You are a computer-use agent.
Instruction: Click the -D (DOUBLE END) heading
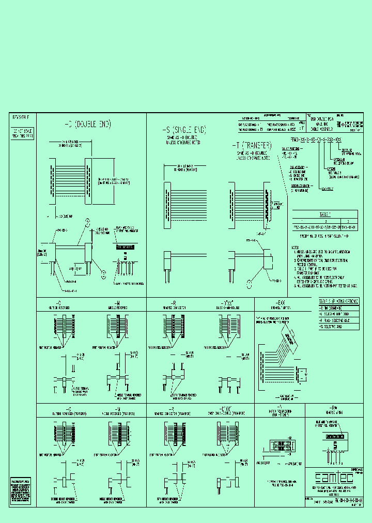(87, 125)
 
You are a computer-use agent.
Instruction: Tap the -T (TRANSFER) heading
(253, 146)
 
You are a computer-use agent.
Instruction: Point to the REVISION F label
(22, 118)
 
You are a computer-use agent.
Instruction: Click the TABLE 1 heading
(324, 213)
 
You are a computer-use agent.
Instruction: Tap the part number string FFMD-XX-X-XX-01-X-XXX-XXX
(316, 140)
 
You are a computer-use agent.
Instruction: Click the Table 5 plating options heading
(336, 301)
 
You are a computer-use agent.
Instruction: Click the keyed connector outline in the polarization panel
(279, 445)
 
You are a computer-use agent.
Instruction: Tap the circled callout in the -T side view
(250, 283)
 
